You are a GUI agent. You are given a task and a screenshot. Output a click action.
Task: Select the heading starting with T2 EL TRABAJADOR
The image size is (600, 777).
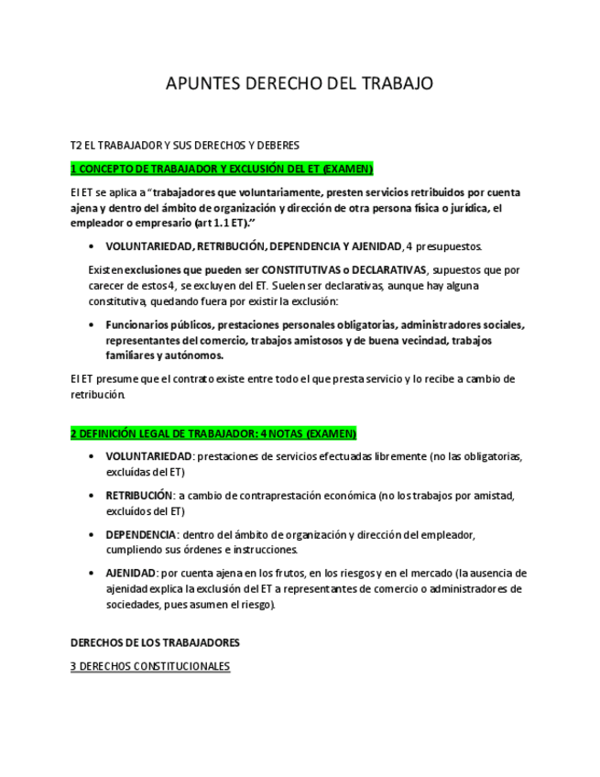(185, 145)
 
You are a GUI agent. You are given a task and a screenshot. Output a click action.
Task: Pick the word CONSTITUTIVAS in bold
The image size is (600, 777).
(304, 270)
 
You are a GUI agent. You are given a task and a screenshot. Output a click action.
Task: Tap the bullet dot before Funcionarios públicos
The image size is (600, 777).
(92, 325)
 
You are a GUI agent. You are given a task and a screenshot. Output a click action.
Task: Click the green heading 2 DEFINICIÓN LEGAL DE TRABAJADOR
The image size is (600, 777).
(213, 433)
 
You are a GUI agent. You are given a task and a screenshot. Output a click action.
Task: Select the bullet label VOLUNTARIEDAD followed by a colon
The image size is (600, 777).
(149, 456)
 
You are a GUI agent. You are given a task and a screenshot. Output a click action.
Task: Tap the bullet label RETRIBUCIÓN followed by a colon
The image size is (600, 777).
(139, 496)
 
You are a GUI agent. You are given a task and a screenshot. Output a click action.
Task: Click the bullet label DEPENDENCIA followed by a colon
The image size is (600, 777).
(141, 535)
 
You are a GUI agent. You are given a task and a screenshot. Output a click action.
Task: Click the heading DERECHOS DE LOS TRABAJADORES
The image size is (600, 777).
(156, 643)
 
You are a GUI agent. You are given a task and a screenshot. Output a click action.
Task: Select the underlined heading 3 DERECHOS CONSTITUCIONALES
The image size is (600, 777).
(150, 666)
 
